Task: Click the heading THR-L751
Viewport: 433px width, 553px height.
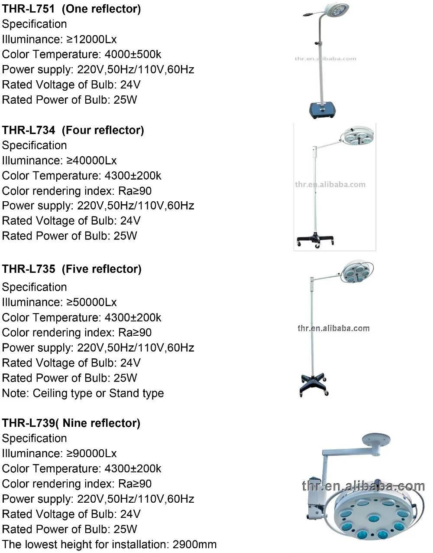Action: (28, 9)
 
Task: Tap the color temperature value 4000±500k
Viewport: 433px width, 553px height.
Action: (133, 54)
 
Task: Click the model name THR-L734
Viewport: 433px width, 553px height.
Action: (29, 130)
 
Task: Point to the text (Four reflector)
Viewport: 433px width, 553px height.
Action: (103, 130)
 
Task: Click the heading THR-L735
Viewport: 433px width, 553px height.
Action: (29, 269)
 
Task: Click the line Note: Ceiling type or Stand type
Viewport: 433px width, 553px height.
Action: (83, 393)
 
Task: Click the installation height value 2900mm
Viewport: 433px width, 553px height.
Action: (194, 545)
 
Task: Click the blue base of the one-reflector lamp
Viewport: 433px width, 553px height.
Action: (322, 110)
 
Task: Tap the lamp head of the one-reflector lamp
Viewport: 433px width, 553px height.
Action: (337, 10)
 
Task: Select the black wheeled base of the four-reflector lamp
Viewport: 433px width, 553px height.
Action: (315, 240)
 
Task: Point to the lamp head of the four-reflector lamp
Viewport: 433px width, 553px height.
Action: (358, 136)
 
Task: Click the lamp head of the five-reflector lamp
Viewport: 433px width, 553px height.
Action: (357, 272)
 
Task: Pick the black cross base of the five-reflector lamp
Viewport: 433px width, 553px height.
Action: (313, 385)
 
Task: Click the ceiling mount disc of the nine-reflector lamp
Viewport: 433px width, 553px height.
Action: (376, 439)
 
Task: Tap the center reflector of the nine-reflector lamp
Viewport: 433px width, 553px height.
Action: (374, 518)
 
